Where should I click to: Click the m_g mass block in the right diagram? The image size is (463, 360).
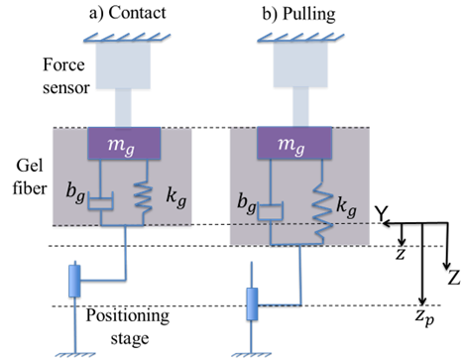coord(293,144)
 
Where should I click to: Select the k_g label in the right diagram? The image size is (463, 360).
coord(347,207)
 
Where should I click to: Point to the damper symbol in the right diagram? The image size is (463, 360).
coord(271,210)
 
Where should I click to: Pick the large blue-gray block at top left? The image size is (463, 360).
coord(122,64)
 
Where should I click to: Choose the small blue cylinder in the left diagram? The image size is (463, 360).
coord(74,281)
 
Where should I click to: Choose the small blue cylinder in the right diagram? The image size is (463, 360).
coord(252,302)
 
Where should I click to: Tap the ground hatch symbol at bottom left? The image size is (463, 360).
coord(75,352)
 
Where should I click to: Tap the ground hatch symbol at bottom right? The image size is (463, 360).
coord(252,352)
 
